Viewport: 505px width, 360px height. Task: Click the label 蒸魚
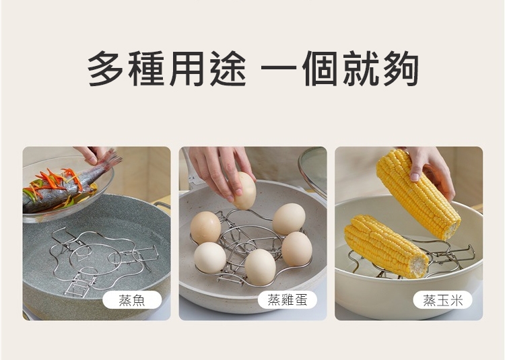click(x=132, y=300)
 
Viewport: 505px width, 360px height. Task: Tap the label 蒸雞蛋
click(x=288, y=300)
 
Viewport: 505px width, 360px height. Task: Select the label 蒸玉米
click(x=443, y=300)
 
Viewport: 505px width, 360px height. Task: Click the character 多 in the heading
click(x=105, y=68)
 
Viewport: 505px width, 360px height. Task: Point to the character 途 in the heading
click(x=228, y=69)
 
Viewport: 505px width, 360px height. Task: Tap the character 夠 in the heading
click(x=401, y=69)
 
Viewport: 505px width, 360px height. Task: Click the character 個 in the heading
click(x=320, y=69)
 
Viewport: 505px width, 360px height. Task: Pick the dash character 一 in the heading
click(x=279, y=68)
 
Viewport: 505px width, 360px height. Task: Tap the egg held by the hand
click(x=245, y=190)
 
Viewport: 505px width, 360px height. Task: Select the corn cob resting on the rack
click(x=386, y=246)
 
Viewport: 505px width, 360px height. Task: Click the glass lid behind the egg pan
click(x=312, y=170)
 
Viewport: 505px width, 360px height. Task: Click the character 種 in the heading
click(x=146, y=69)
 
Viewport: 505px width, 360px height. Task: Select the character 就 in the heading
click(x=361, y=69)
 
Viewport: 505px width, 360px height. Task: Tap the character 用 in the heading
click(x=187, y=69)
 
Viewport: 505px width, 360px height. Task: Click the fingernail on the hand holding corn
click(x=415, y=176)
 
